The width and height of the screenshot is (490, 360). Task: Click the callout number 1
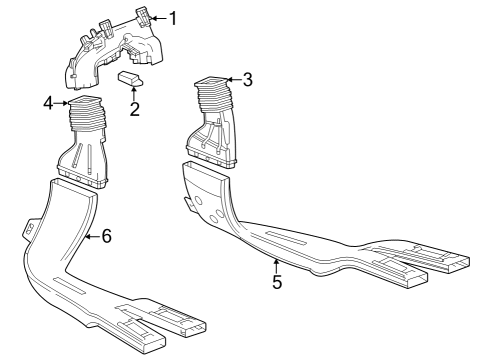tap(172, 18)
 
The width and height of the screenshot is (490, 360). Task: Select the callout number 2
tap(134, 108)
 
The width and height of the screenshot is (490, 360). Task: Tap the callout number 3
tap(248, 79)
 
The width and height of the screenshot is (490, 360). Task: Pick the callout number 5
tap(277, 282)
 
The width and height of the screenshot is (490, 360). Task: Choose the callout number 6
tap(107, 236)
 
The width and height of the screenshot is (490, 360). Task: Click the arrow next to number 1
tap(157, 18)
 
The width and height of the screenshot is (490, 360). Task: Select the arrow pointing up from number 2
tap(134, 93)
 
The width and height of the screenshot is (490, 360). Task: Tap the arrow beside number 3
tap(234, 79)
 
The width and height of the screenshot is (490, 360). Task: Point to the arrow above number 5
tap(277, 266)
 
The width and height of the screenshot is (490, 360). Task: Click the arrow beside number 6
tap(91, 236)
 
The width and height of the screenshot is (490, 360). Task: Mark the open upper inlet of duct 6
tap(74, 188)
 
